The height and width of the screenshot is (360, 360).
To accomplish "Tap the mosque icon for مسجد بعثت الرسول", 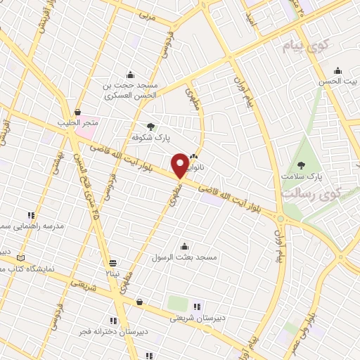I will [x=184, y=246].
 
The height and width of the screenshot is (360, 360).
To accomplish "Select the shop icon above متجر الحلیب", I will [x=77, y=112].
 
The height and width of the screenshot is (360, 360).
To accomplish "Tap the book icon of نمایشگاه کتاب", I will [x=20, y=259].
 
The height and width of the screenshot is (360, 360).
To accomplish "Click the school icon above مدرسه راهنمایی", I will [x=31, y=215].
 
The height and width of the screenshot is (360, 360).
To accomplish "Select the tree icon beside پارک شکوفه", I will [x=151, y=127].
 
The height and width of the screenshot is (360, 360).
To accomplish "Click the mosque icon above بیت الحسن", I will [x=337, y=70].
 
